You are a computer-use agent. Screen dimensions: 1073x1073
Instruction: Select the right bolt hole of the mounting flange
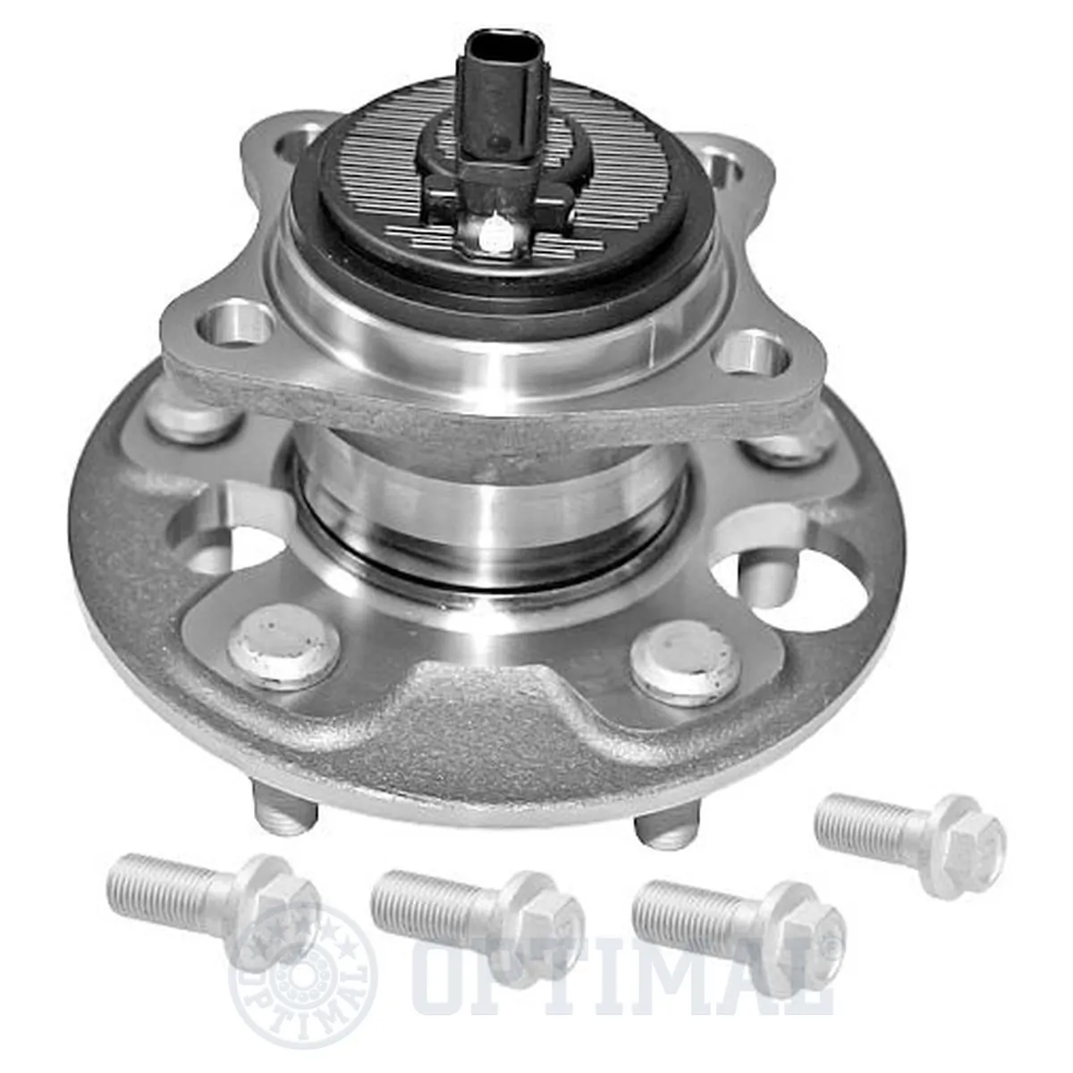(x=756, y=351)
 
